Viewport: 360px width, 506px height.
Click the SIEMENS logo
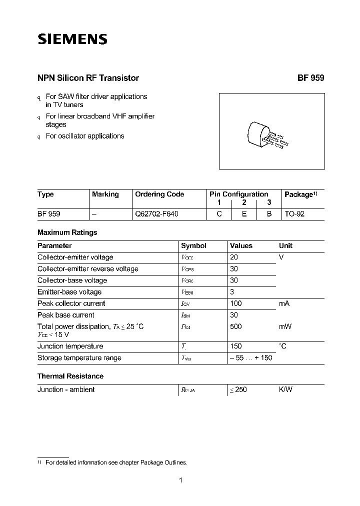click(x=72, y=39)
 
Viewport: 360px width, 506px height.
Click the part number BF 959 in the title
click(x=311, y=78)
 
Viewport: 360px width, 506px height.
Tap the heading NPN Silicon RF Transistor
click(x=88, y=78)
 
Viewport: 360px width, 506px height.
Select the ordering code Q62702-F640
click(x=157, y=213)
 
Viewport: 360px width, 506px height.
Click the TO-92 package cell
click(x=294, y=213)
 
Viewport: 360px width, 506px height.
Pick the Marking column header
click(x=105, y=194)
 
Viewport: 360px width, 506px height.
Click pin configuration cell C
click(x=219, y=213)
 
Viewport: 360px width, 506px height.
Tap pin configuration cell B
click(x=269, y=213)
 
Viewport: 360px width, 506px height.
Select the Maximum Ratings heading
click(x=67, y=232)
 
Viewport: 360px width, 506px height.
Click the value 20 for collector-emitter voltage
click(x=234, y=257)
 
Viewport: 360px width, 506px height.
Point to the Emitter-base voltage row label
click(x=69, y=292)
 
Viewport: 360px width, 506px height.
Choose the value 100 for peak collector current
click(x=235, y=303)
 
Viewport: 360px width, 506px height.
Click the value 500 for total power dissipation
click(x=235, y=326)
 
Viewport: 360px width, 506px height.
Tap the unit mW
click(x=285, y=326)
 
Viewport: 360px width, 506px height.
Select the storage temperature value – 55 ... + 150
click(x=251, y=358)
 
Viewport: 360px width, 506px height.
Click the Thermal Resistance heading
click(x=70, y=376)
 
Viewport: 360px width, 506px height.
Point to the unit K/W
click(x=285, y=389)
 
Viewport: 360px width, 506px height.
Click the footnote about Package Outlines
click(x=116, y=462)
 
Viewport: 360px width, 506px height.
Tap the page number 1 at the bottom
click(x=180, y=480)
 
